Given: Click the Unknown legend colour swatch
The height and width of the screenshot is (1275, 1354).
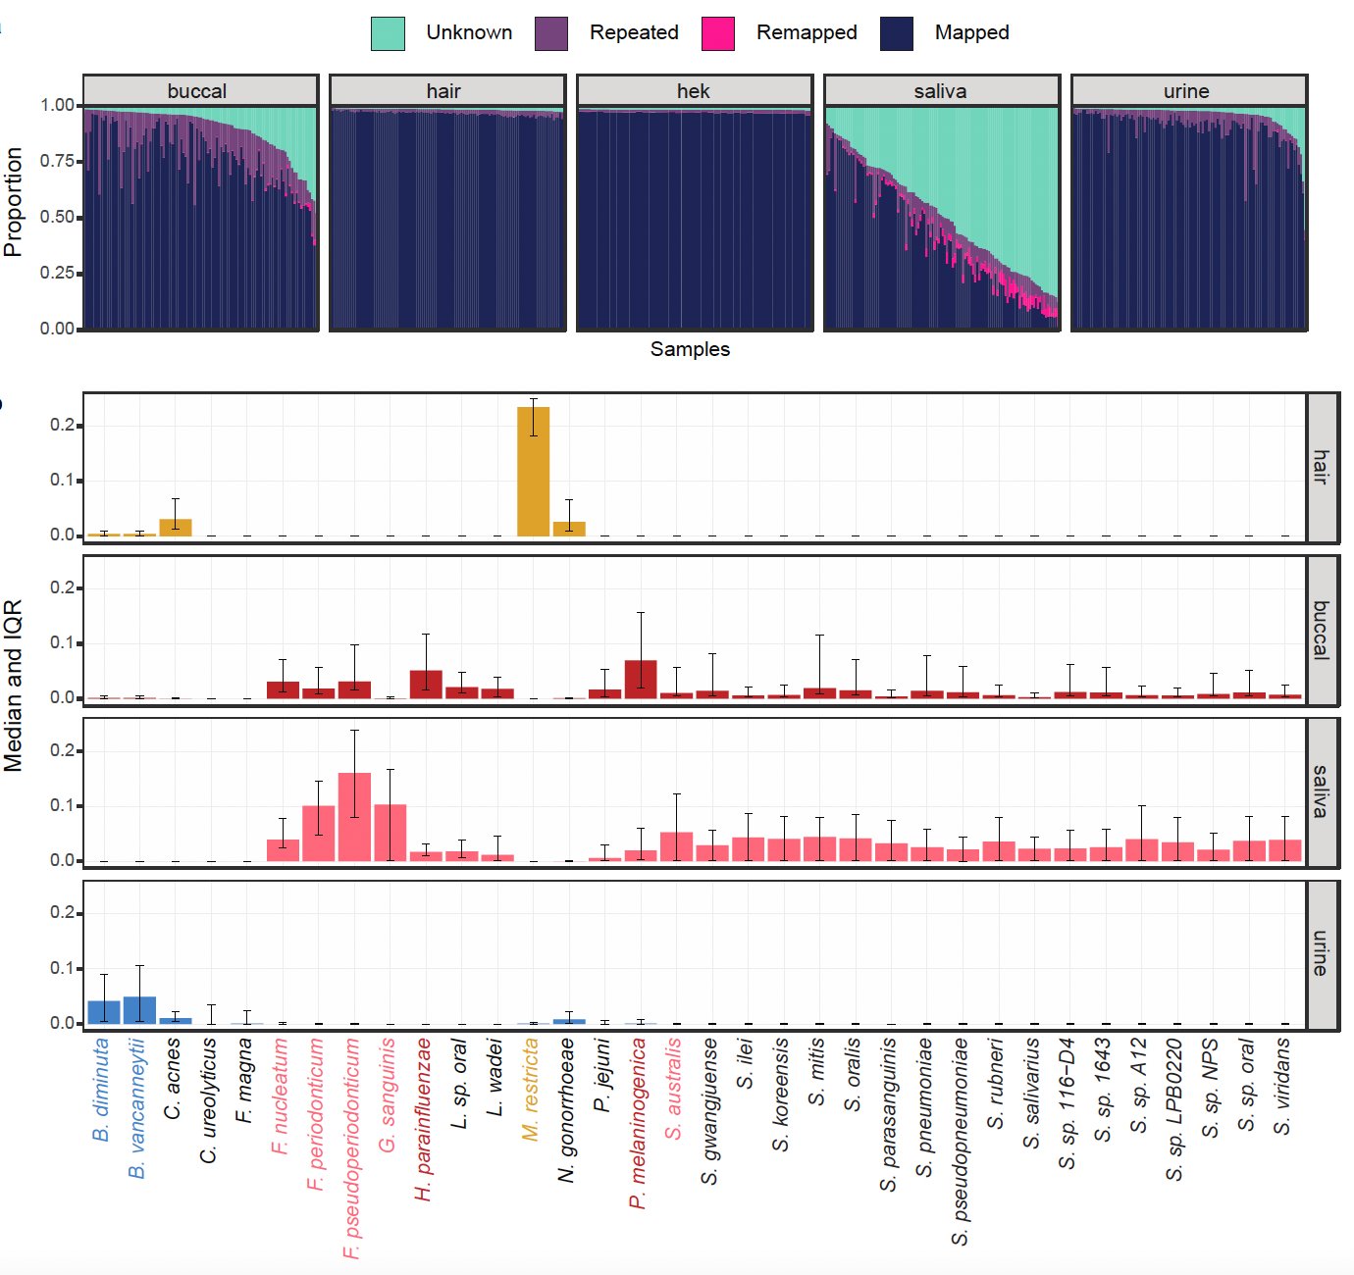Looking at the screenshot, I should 388,33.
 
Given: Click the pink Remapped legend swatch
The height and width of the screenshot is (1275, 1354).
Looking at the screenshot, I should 718,33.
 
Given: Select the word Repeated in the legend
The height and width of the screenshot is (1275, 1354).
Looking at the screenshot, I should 634,33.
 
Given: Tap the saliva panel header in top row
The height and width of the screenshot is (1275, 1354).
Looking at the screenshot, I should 941,91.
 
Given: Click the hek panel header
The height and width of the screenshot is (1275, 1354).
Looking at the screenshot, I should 694,91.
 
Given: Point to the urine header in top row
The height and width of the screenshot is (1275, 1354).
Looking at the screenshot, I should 1187,91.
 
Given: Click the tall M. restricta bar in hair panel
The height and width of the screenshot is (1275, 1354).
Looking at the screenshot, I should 533,472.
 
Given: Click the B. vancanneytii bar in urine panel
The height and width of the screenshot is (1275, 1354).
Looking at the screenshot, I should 139,1010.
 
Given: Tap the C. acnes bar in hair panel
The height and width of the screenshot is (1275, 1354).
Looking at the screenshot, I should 176,528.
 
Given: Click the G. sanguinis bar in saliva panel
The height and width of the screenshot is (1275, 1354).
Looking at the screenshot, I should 391,833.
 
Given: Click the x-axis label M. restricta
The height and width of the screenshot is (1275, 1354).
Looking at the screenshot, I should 531,1090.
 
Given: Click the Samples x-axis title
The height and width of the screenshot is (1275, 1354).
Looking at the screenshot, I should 690,350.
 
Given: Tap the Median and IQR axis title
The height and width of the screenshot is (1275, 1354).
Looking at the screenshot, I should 14,686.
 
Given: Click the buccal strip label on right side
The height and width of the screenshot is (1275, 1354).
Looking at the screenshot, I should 1322,631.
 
